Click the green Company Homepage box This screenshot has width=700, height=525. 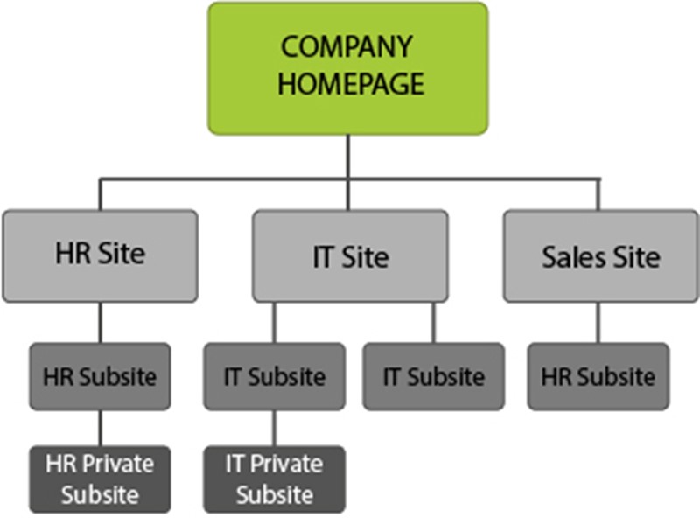tap(347, 68)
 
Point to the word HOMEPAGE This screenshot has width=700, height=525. tap(348, 83)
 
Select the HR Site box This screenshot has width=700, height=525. tap(100, 255)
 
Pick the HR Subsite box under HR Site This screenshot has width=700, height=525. tap(100, 376)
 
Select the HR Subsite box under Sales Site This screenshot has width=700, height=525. tap(598, 376)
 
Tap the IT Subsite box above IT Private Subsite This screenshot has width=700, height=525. tap(274, 376)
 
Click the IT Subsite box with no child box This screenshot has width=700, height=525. tap(433, 376)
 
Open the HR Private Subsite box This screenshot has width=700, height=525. tap(100, 479)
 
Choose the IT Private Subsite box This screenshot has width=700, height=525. tap(274, 479)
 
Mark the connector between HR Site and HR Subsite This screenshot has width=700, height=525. tap(100, 322)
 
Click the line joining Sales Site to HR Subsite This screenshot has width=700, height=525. tap(598, 322)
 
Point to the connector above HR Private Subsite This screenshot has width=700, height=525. tap(100, 428)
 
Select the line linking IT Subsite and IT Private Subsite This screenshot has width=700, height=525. tap(274, 428)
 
